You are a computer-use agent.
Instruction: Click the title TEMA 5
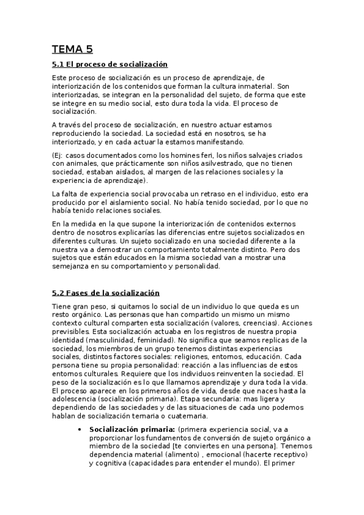click(x=72, y=50)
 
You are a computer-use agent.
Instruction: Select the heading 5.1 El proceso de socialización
click(x=109, y=64)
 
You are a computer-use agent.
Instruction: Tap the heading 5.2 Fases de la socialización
click(x=106, y=293)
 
